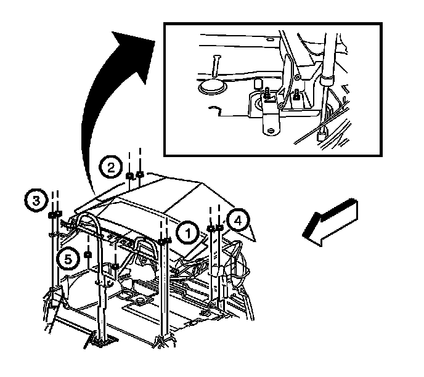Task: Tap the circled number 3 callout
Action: pos(36,200)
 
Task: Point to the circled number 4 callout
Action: pos(237,220)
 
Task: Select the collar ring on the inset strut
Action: pos(326,79)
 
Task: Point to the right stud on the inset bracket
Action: pos(296,95)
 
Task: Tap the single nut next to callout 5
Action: pos(88,255)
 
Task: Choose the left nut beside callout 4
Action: pos(211,229)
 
